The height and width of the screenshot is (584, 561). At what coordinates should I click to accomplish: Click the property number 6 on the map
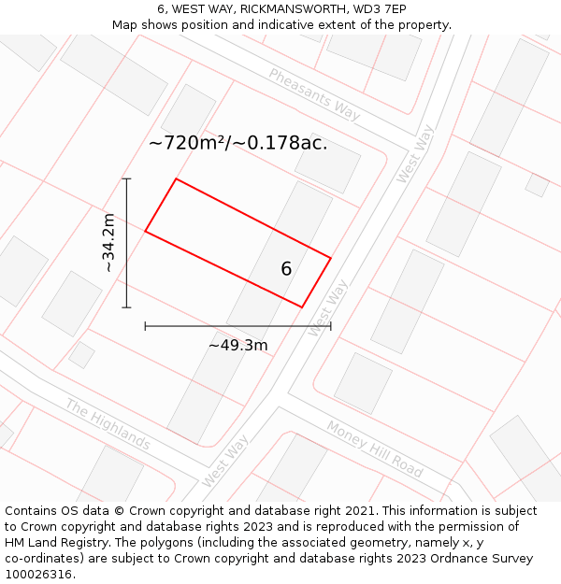pyautogui.click(x=286, y=269)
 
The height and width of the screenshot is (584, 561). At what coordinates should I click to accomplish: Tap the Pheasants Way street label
pyautogui.click(x=314, y=93)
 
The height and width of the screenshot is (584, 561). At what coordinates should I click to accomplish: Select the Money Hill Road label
pyautogui.click(x=374, y=449)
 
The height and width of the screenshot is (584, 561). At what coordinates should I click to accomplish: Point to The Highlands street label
pyautogui.click(x=108, y=423)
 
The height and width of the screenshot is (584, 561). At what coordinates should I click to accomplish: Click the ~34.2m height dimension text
pyautogui.click(x=109, y=243)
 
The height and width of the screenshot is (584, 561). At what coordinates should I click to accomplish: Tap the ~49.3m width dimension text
pyautogui.click(x=237, y=345)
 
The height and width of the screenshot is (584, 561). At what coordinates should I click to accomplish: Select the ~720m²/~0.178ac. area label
pyautogui.click(x=237, y=143)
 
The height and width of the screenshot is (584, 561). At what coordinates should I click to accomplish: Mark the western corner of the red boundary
pyautogui.click(x=145, y=231)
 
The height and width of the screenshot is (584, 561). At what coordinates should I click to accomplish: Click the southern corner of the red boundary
pyautogui.click(x=301, y=306)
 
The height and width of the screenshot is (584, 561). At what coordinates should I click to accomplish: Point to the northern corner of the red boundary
pyautogui.click(x=176, y=178)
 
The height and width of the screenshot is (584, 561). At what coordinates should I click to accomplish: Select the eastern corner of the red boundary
pyautogui.click(x=331, y=257)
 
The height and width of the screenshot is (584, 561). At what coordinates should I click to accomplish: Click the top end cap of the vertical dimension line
pyautogui.click(x=126, y=178)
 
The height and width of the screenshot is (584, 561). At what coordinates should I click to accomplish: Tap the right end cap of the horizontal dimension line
pyautogui.click(x=331, y=325)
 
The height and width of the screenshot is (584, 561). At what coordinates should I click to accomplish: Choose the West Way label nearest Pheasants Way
pyautogui.click(x=415, y=154)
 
